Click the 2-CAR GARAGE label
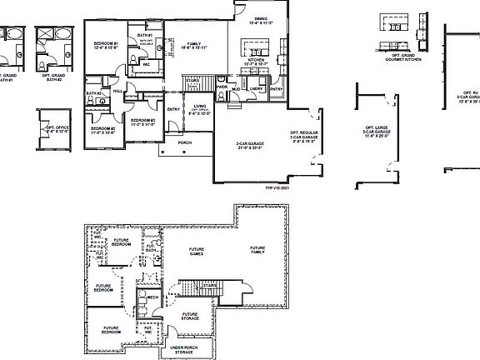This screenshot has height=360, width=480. (251, 145)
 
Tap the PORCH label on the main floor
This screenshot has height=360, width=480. (186, 142)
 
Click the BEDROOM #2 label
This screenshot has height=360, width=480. (102, 129)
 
